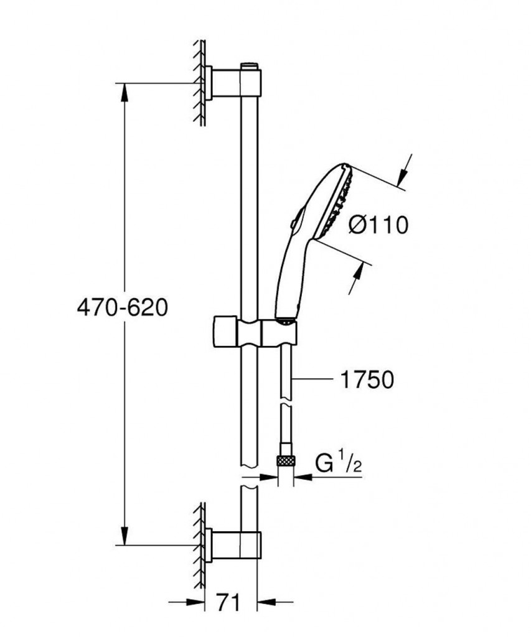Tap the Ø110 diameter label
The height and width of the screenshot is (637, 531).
pyautogui.click(x=377, y=224)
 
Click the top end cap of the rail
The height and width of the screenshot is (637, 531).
pyautogui.click(x=250, y=65)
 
